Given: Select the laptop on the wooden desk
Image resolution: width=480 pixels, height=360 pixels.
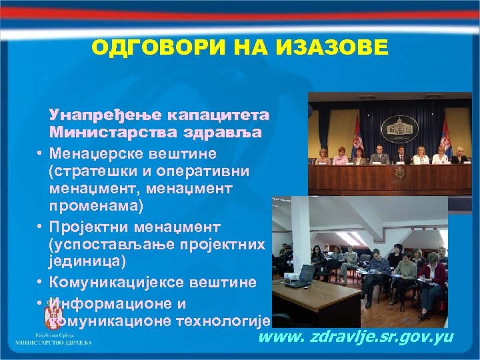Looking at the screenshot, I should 306,273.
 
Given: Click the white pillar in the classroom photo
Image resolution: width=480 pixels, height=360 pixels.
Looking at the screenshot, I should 301,230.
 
